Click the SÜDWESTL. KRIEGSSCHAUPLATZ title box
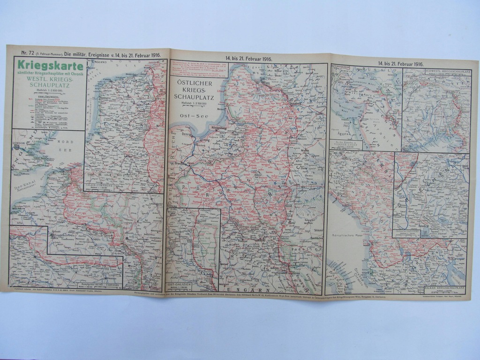pos(447,72)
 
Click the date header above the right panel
pos(400,63)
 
